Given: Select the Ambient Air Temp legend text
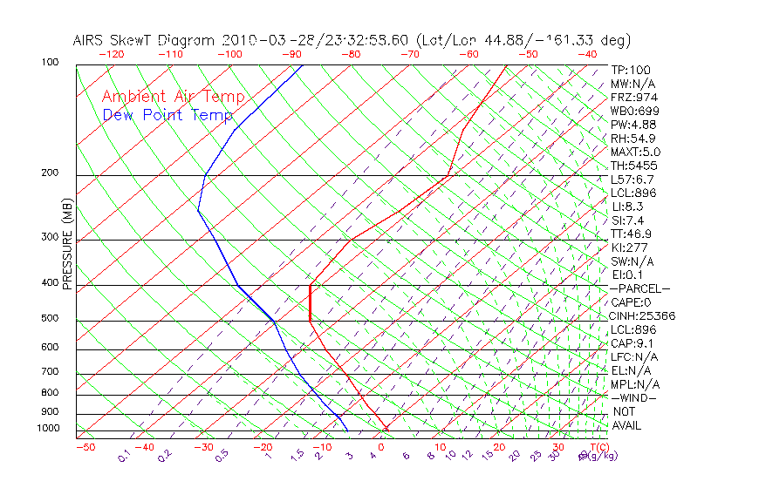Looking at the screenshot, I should tap(174, 98).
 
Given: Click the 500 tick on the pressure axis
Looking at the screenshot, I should tap(51, 319).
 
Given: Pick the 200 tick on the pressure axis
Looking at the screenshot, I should tap(51, 173).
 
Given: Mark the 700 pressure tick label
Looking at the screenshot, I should tap(51, 373).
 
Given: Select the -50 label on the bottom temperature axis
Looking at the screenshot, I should tap(85, 447).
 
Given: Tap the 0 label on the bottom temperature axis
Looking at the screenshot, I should tap(381, 447).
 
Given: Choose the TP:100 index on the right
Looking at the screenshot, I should tap(630, 70).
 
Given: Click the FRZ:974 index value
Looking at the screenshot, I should tap(634, 97).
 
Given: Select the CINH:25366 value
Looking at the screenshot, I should tap(642, 315).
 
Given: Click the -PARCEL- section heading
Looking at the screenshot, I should tap(639, 288).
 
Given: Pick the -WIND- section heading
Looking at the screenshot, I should tap(634, 397).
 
